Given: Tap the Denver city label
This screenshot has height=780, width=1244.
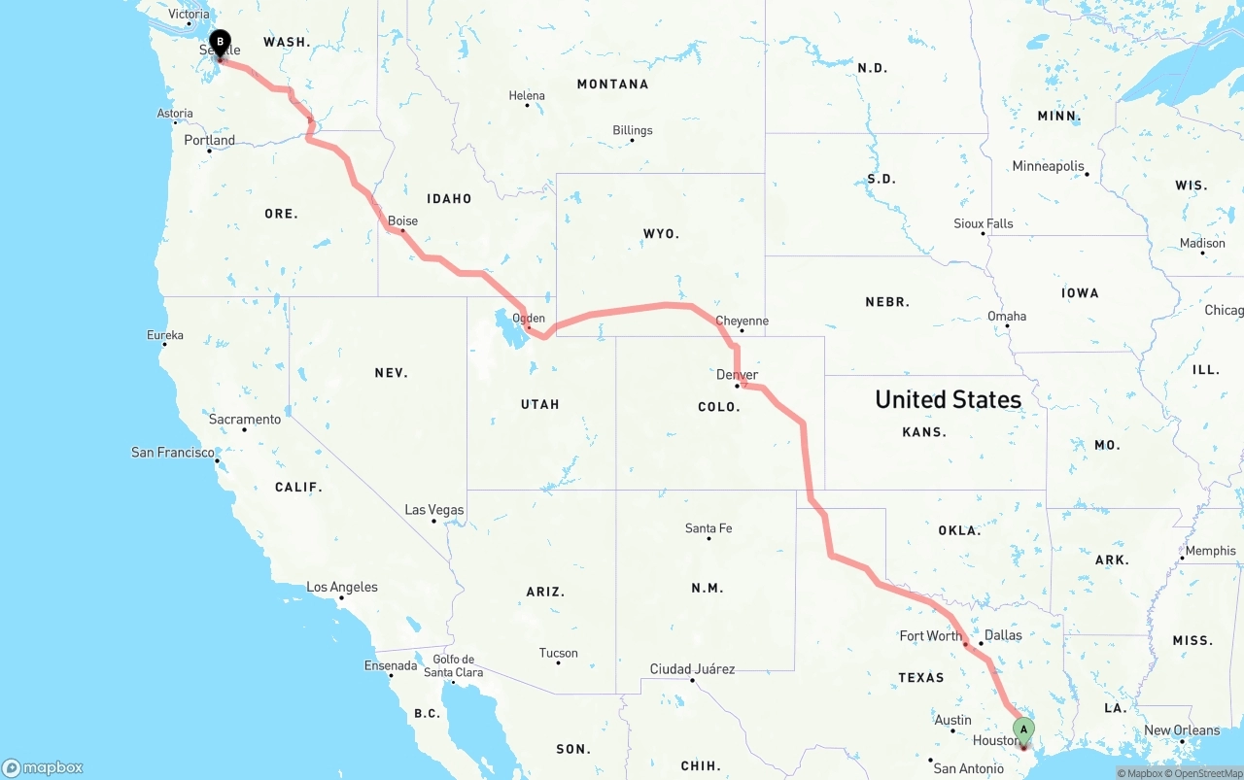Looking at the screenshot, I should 737,375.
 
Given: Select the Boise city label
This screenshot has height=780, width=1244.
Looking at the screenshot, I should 402,221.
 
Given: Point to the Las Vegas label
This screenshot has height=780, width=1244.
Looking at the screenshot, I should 434,510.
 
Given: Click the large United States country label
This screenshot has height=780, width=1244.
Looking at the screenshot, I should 948,399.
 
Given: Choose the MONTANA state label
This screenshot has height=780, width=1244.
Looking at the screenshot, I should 612,85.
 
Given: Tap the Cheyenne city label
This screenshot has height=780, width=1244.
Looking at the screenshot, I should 742,321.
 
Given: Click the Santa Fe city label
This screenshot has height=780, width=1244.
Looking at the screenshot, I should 708,528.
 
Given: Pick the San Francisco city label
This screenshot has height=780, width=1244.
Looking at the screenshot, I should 173,453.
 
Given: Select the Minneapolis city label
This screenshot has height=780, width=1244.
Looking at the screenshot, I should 1048,166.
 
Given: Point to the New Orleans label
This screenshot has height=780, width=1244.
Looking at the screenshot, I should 1182,730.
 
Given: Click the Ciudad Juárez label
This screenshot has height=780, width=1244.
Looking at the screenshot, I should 692,669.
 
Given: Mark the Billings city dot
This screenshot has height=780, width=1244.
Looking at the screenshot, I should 632,141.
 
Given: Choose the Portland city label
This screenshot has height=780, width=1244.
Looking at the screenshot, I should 210,140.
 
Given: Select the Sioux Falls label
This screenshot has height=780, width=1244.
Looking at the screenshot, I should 983,223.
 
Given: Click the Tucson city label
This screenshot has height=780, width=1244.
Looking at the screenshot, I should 558,654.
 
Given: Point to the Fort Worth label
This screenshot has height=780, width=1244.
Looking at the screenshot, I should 930,636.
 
